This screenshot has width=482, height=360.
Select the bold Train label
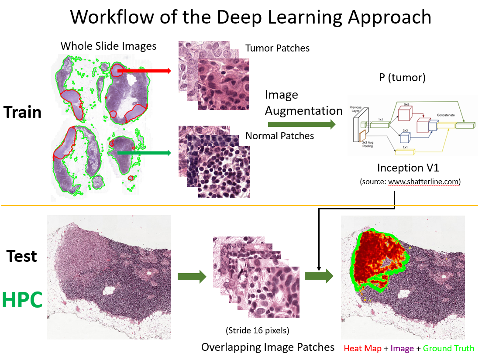[23, 112]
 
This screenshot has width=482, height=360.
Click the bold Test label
[22, 256]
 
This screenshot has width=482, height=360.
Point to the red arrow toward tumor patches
[145, 70]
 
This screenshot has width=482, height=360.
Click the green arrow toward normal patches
[144, 153]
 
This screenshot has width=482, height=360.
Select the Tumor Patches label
[277, 48]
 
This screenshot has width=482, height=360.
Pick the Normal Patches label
[279, 136]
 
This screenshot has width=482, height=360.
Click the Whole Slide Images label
[108, 46]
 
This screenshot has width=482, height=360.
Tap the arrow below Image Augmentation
[301, 125]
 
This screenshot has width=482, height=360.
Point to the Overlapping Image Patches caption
[268, 347]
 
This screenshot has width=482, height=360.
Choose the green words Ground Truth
[448, 348]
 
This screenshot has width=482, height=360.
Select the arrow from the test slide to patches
[192, 276]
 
